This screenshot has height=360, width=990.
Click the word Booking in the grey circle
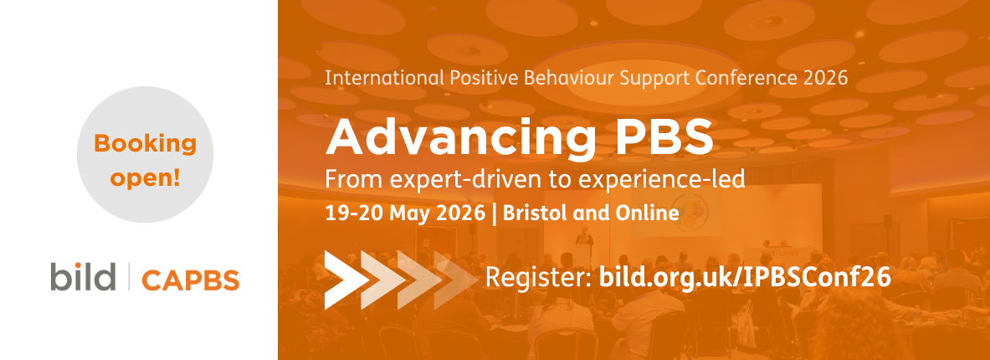click(x=145, y=144)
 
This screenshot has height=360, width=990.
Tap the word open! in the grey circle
click(x=145, y=179)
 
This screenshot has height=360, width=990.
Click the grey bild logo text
click(x=82, y=277)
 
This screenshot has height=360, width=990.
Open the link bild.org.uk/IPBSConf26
click(x=745, y=277)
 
